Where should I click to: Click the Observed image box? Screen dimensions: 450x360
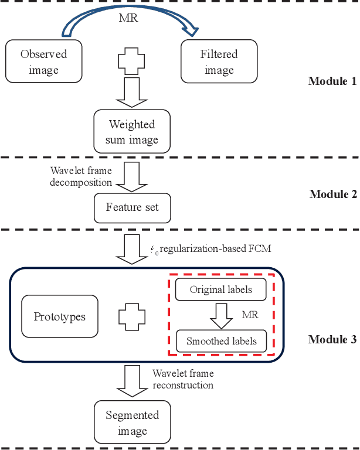pyautogui.click(x=44, y=62)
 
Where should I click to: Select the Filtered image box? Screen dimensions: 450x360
pyautogui.click(x=219, y=62)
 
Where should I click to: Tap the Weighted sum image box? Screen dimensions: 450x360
pyautogui.click(x=132, y=132)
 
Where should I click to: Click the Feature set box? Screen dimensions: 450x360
pyautogui.click(x=132, y=207)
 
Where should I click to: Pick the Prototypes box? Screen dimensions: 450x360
pyautogui.click(x=59, y=317)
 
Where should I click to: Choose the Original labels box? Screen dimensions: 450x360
pyautogui.click(x=222, y=289)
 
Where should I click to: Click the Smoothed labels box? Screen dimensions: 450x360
pyautogui.click(x=222, y=340)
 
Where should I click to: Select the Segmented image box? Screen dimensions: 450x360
pyautogui.click(x=132, y=422)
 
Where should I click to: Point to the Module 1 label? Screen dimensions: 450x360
pyautogui.click(x=332, y=81)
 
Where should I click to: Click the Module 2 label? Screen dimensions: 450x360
pyautogui.click(x=332, y=194)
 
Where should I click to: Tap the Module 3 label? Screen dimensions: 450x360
pyautogui.click(x=332, y=339)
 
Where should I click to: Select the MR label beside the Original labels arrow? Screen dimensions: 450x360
pyautogui.click(x=250, y=315)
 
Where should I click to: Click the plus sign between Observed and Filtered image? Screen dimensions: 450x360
pyautogui.click(x=132, y=62)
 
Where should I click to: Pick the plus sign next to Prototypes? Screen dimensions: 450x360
pyautogui.click(x=132, y=317)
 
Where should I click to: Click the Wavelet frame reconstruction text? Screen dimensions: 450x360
pyautogui.click(x=183, y=379)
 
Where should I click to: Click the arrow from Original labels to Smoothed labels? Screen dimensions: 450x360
pyautogui.click(x=222, y=315)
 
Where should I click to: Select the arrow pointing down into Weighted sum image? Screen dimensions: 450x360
pyautogui.click(x=132, y=93)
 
